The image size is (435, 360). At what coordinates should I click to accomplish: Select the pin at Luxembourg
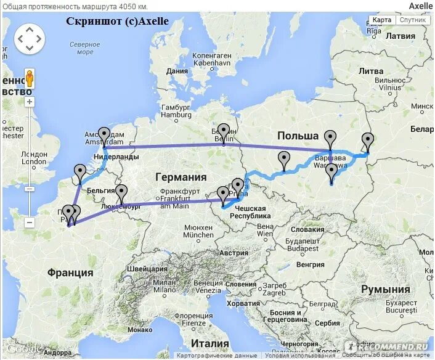point(121,192)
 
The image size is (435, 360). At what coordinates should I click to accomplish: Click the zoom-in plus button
point(30,102)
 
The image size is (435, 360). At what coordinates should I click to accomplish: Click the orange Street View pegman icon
point(29,79)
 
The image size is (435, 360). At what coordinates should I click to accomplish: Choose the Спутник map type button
point(412,20)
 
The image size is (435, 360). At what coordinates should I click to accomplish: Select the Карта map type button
point(382,20)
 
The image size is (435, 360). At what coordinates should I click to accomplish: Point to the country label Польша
point(298,136)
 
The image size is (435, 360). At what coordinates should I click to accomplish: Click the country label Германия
point(181,176)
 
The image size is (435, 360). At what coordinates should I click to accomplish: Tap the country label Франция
point(70,272)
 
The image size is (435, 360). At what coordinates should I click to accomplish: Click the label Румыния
point(386,289)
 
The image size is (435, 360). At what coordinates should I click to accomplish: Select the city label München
point(198,235)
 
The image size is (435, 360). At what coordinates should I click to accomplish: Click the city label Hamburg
point(176,115)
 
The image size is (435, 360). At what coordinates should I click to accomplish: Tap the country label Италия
point(209,343)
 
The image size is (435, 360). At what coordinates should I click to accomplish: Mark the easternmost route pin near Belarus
point(368,141)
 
